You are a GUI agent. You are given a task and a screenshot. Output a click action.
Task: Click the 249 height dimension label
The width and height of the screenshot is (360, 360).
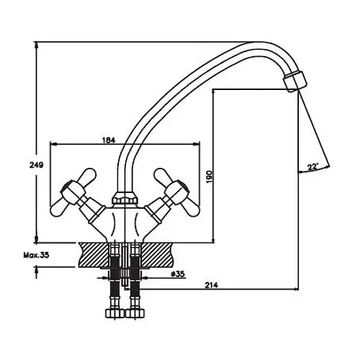pyautogui.click(x=37, y=165)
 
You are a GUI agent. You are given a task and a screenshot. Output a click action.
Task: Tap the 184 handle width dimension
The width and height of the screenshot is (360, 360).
pyautogui.click(x=109, y=140)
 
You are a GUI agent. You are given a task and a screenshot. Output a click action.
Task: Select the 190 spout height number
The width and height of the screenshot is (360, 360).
pyautogui.click(x=210, y=177)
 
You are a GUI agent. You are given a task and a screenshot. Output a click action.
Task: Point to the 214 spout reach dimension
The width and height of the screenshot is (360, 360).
pyautogui.click(x=212, y=285)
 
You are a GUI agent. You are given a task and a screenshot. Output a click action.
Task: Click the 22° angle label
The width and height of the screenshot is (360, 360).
pyautogui.click(x=312, y=167)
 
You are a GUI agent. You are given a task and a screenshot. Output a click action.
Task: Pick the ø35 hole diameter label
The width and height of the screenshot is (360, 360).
pyautogui.click(x=178, y=274)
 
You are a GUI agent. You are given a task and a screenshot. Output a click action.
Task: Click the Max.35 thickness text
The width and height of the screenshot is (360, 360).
pyautogui.click(x=36, y=255)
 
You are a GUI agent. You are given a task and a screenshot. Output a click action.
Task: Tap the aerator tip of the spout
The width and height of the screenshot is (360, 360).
pyautogui.click(x=295, y=81)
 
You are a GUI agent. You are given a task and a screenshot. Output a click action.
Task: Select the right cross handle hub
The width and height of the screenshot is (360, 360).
pyautogui.click(x=177, y=192)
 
